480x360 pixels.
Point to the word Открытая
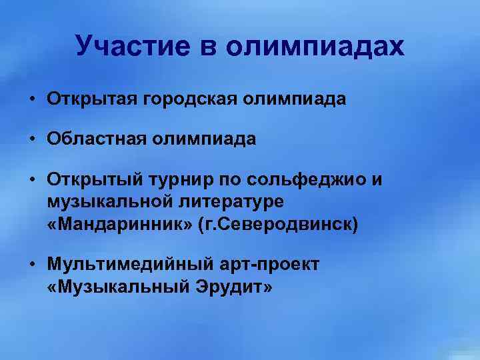point(91,100)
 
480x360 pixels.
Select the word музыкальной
point(107,202)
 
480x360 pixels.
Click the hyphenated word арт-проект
point(269,265)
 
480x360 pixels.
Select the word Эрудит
point(227,287)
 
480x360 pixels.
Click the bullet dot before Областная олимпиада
point(32,139)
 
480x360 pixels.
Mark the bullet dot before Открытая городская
point(32,100)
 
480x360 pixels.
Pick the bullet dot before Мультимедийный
point(32,265)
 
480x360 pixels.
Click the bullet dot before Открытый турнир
point(32,179)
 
